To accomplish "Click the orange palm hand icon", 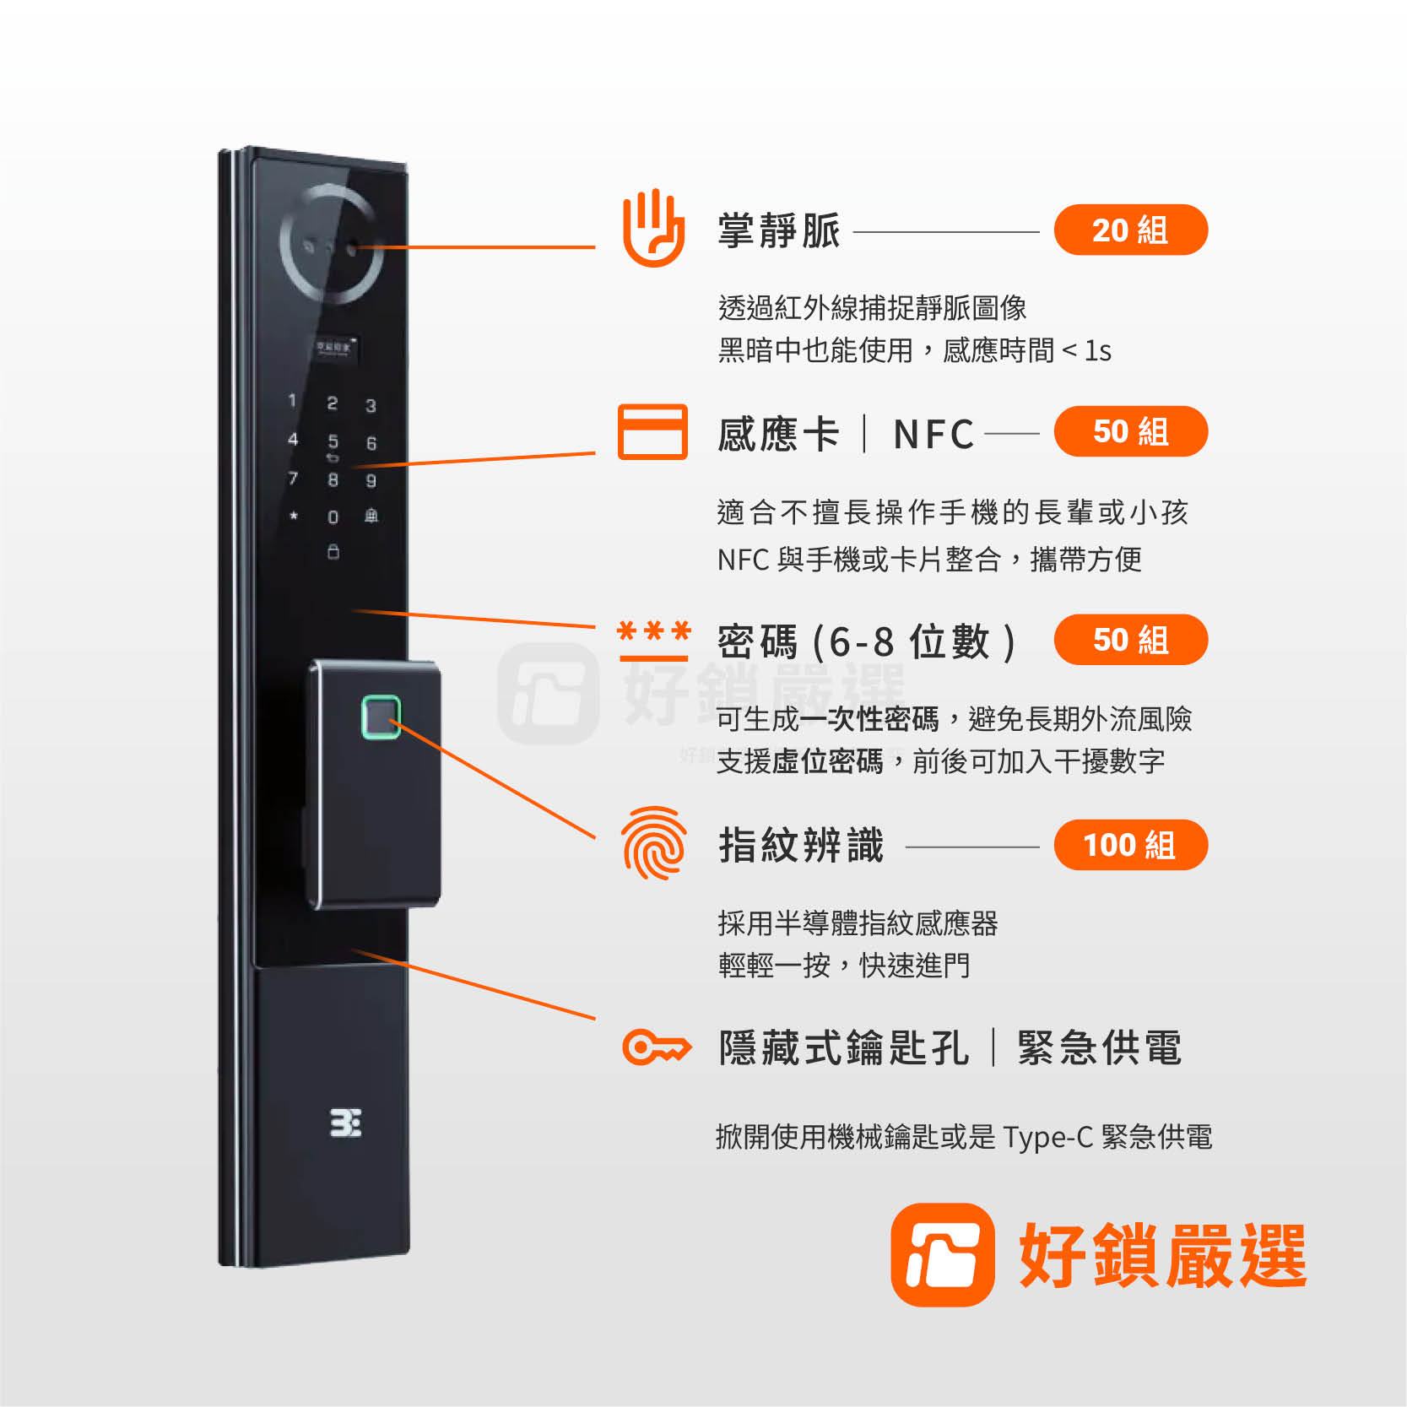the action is pos(652,229).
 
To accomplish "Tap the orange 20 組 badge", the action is pos(1131,230).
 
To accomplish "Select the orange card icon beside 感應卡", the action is pos(652,432).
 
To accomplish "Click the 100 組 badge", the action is pos(1131,845).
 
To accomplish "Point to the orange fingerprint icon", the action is pos(653,843).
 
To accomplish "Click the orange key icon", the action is pos(657,1047).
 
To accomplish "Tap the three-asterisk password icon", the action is pos(654,640).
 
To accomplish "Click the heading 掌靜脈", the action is pos(779,231).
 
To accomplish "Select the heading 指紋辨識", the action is pos(801,846).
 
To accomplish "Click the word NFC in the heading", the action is pos(933,435).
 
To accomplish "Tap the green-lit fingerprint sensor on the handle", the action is pos(381,717).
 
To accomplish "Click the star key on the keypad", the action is pos(294,515).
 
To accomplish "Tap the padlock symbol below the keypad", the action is pos(333,552).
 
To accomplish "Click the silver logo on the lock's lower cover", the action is pos(345,1123).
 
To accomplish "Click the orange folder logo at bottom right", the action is pos(943,1255).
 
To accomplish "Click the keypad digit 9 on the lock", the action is pos(371,480).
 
